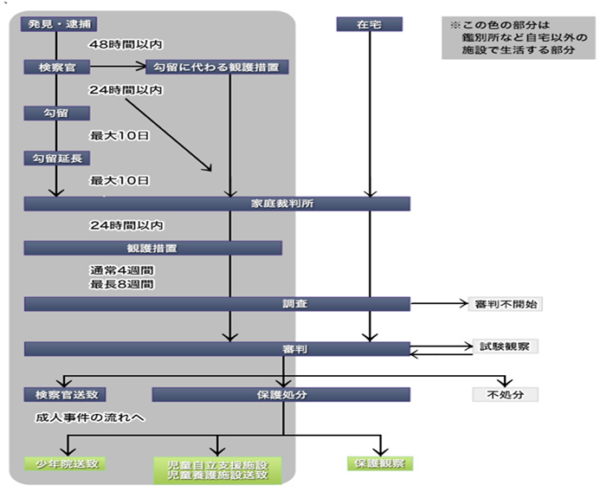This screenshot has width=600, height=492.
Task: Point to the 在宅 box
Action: click(370, 24)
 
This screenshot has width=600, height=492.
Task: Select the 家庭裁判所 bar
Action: click(216, 204)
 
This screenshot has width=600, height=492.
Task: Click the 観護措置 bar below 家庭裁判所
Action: click(153, 248)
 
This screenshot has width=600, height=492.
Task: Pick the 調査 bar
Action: click(216, 304)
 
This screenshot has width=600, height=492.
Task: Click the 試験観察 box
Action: click(505, 346)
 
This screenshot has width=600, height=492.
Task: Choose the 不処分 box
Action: click(505, 394)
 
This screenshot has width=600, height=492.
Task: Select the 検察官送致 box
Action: click(66, 394)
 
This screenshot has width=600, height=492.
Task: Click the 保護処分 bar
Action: click(281, 394)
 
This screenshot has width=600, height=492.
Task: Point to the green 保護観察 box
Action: click(379, 463)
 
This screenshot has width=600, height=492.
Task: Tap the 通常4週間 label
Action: click(122, 269)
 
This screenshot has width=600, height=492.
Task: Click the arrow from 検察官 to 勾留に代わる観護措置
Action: click(117, 66)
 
